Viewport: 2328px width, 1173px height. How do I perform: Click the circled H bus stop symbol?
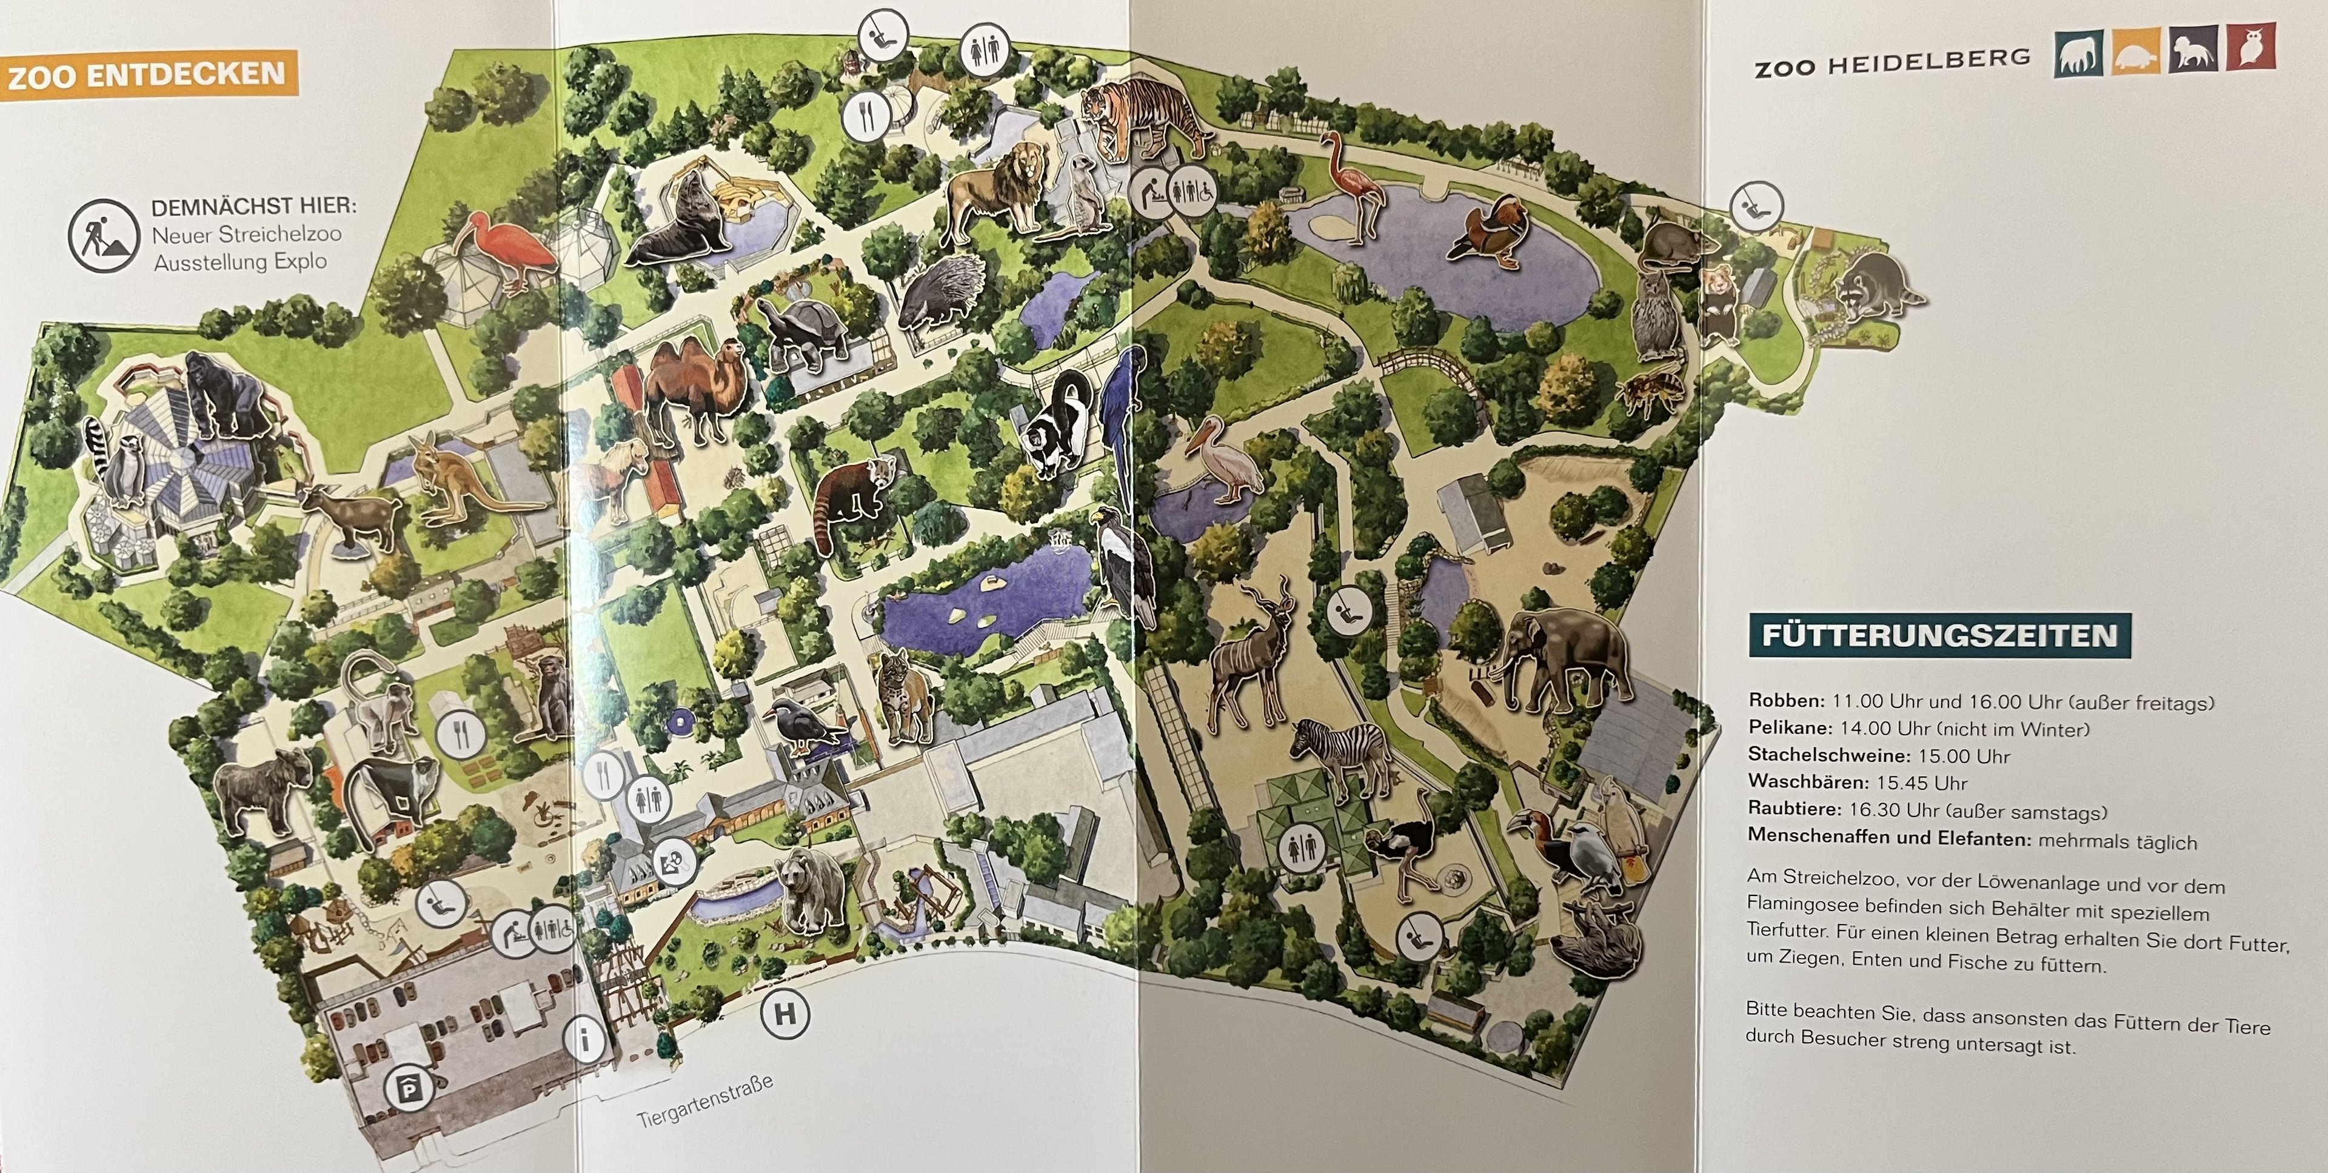click(x=784, y=1014)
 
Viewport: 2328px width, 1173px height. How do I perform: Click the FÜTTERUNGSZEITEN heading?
click(x=1939, y=635)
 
